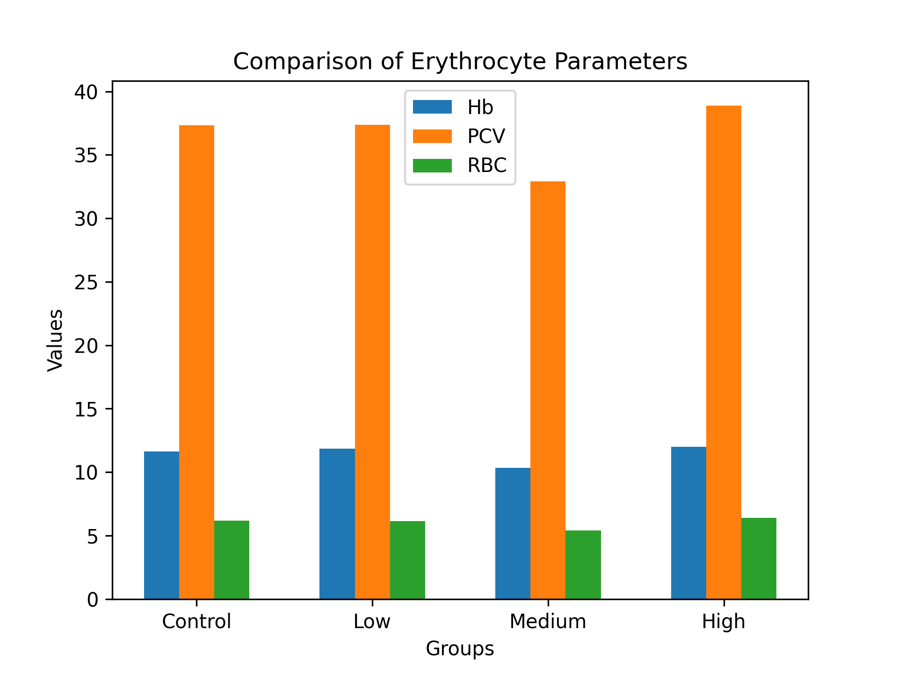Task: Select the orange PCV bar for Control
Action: [x=196, y=362]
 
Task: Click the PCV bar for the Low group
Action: [x=372, y=362]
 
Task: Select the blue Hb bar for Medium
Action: [x=513, y=533]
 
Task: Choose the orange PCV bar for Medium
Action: [x=548, y=390]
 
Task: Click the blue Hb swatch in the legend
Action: [x=432, y=107]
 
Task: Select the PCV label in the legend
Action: [x=486, y=136]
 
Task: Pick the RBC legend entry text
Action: [x=487, y=165]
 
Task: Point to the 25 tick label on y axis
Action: [x=87, y=282]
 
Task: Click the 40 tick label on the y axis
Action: [x=87, y=92]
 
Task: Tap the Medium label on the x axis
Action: [x=548, y=622]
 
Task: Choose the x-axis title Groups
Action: [x=460, y=649]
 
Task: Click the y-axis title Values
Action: [x=56, y=340]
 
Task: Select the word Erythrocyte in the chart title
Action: [x=478, y=62]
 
